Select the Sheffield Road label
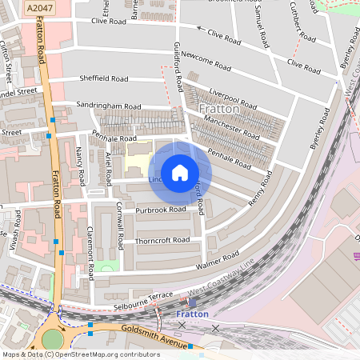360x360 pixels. coord(104,79)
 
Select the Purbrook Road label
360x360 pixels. coord(160,210)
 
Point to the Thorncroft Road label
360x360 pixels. coord(162,240)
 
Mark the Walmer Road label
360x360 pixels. coord(218,259)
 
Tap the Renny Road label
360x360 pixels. coord(261,188)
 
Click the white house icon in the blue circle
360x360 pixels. coord(180,173)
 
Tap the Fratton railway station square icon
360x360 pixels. coord(192,302)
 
